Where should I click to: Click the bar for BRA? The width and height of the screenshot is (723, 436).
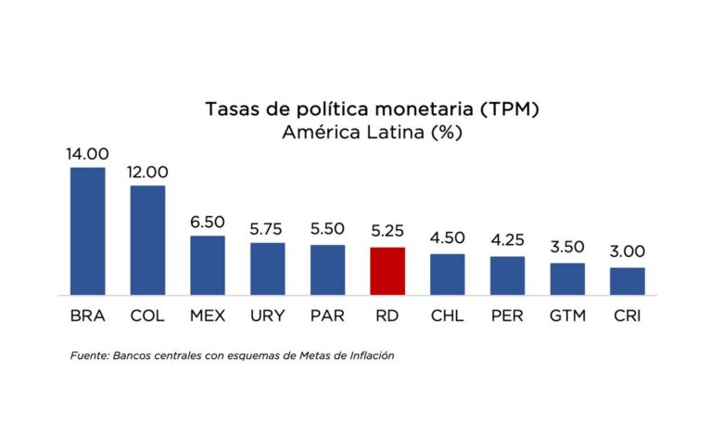coord(88,231)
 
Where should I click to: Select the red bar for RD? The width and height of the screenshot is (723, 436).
coord(387,271)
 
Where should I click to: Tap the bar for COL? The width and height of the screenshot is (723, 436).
coord(147,240)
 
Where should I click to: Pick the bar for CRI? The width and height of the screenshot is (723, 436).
coord(628,281)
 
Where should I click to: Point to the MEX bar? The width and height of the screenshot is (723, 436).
coord(208,265)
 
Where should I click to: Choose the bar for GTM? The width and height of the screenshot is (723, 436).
coord(567,279)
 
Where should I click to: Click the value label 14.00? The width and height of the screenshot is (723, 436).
coord(87,154)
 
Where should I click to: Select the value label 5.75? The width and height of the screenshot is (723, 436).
coord(267,229)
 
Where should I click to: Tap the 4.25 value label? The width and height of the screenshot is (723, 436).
coord(507,240)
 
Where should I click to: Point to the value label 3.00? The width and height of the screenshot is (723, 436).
coord(628,251)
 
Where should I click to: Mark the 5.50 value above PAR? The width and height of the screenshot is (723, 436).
coord(327,229)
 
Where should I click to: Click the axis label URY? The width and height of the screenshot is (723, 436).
coord(268,316)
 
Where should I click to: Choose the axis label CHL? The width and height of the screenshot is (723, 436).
coord(448,316)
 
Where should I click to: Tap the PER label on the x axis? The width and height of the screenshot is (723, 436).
coord(507,316)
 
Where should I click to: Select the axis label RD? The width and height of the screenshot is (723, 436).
coord(387,316)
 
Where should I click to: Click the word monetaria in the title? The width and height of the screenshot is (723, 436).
coord(424,109)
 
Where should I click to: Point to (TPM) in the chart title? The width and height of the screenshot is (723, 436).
coord(509,109)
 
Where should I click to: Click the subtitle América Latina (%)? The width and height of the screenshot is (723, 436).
coord(372,133)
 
